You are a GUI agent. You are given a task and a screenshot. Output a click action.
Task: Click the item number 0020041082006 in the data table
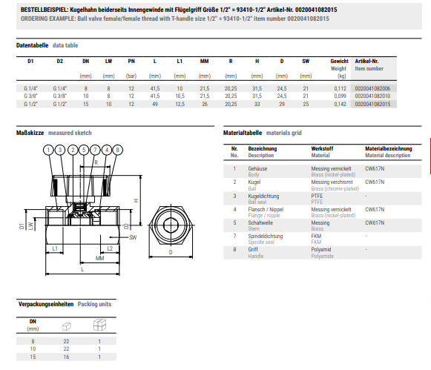click(x=372, y=88)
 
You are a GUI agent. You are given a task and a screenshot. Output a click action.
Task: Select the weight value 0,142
click(x=340, y=104)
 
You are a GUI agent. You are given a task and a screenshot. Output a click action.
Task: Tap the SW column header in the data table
click(x=306, y=62)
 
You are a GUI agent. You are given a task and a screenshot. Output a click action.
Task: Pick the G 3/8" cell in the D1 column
click(x=30, y=96)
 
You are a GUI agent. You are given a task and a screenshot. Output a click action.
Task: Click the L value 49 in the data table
click(x=155, y=104)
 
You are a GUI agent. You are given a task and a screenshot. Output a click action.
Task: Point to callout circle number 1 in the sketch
click(x=48, y=150)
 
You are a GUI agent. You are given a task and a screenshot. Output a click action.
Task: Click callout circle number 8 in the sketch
click(x=118, y=150)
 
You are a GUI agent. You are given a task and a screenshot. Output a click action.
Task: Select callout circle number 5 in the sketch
click(x=84, y=150)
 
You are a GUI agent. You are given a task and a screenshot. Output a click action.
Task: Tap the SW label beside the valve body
click(x=133, y=237)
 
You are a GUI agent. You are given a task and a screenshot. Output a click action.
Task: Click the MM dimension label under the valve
click(x=100, y=258)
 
